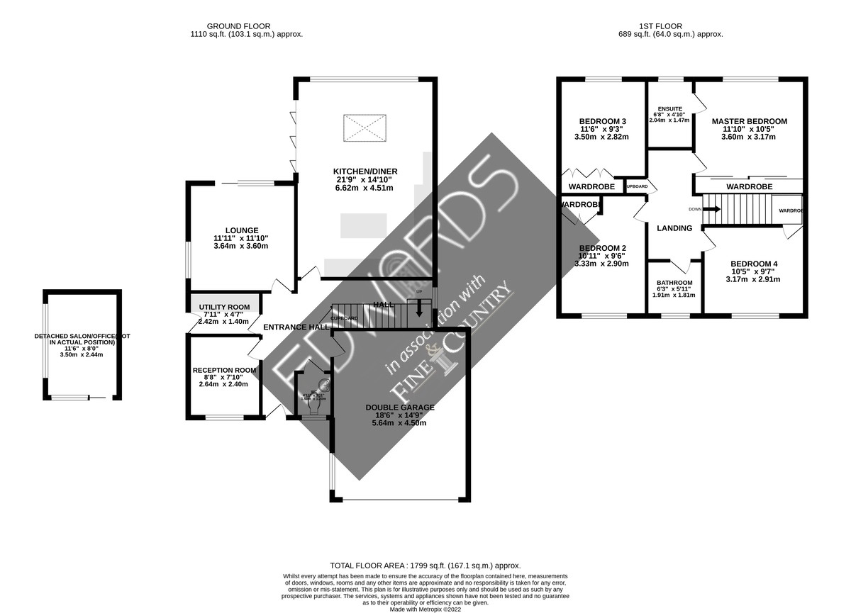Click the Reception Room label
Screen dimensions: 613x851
(224, 370)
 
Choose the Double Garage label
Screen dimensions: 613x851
(400, 407)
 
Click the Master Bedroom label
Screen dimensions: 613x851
(749, 121)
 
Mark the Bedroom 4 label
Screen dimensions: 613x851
(754, 264)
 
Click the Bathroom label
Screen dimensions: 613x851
(674, 283)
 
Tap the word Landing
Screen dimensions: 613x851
(674, 228)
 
